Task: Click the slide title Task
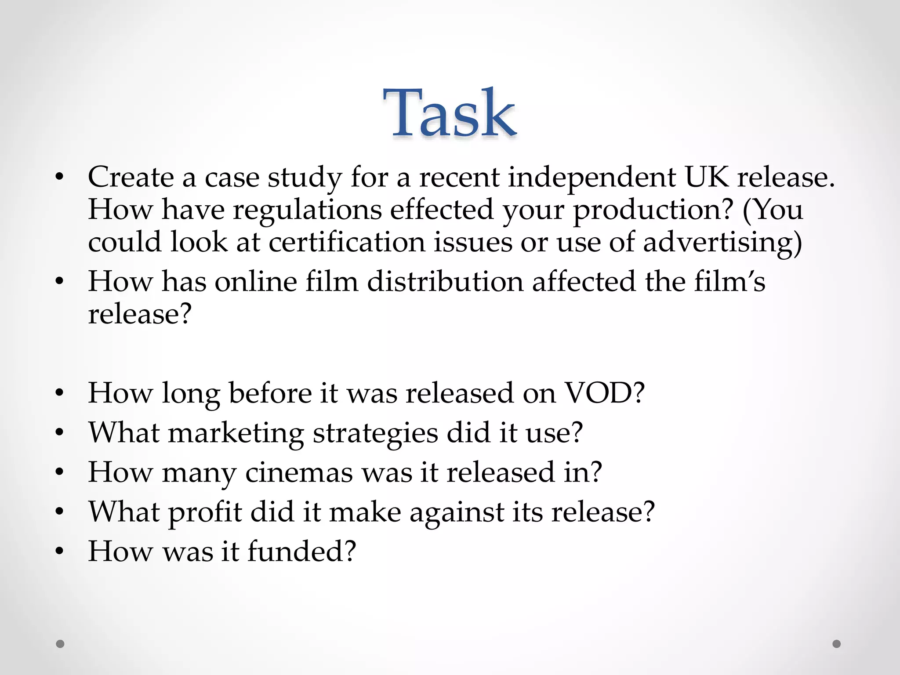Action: point(449,113)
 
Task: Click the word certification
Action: point(347,242)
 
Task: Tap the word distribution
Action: point(445,281)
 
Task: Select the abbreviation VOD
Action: point(599,392)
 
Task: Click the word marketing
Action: point(236,433)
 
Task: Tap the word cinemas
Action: point(299,472)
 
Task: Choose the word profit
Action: point(205,512)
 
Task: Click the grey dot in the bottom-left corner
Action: point(60,644)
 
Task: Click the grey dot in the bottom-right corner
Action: point(837,644)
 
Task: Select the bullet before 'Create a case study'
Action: point(60,178)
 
